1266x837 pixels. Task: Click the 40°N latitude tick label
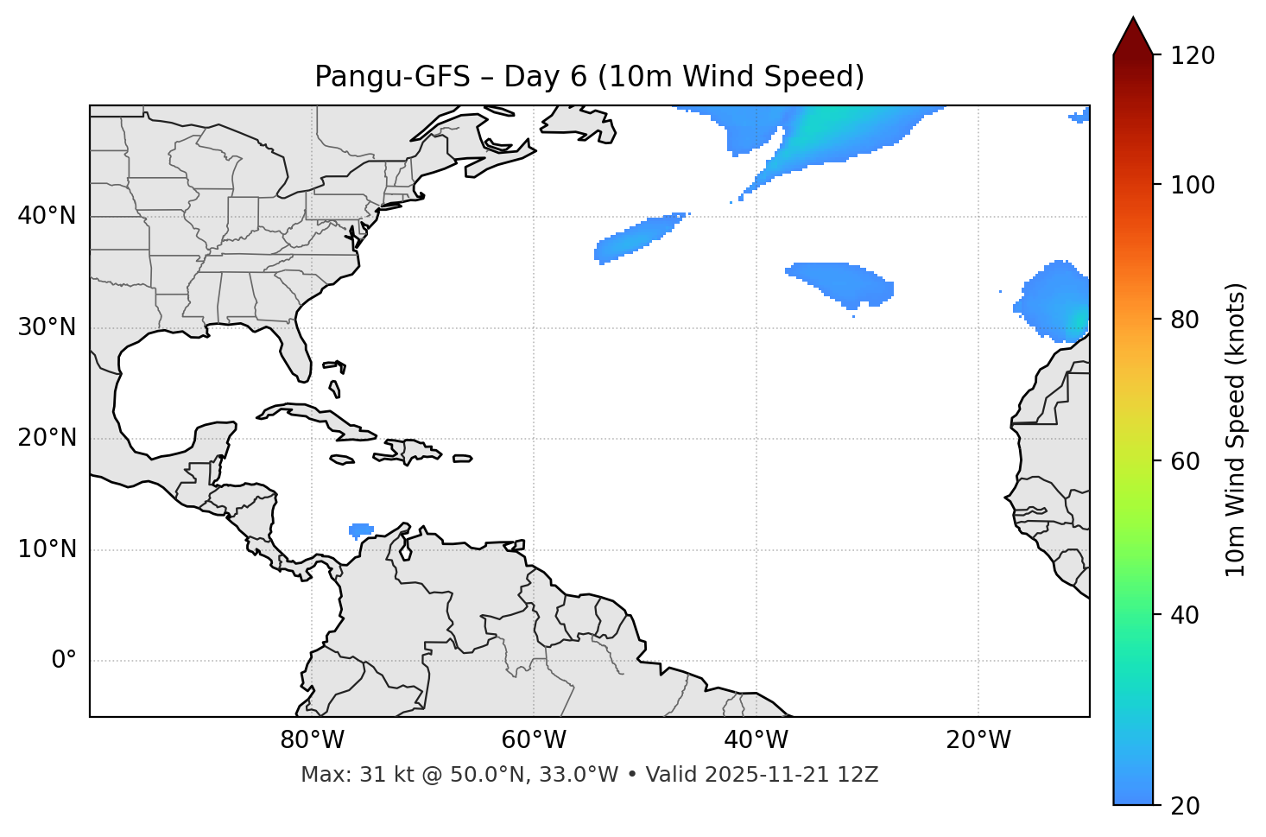(47, 216)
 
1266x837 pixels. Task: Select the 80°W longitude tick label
(312, 740)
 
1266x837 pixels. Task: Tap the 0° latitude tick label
(64, 661)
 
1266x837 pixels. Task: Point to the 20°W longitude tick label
(978, 740)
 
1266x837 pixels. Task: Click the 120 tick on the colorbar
(1193, 56)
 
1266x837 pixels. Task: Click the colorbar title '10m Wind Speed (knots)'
(1236, 430)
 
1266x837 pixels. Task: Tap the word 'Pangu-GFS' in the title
(392, 77)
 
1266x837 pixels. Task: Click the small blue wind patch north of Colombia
(360, 529)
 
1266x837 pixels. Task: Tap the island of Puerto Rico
(463, 459)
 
